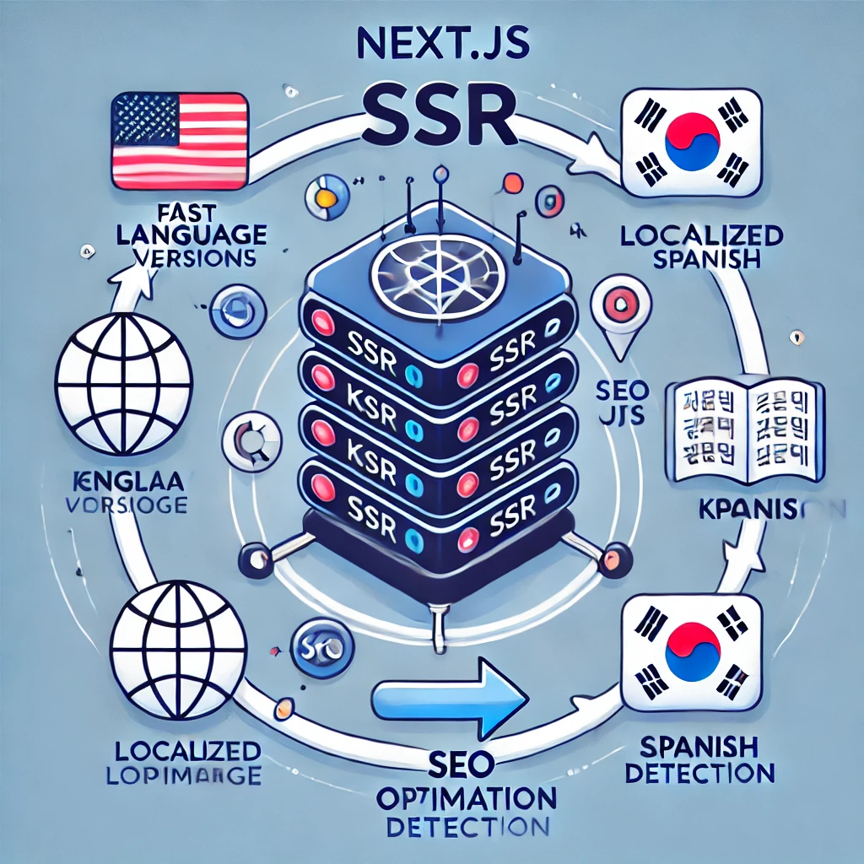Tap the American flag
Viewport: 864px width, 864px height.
point(180,140)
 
